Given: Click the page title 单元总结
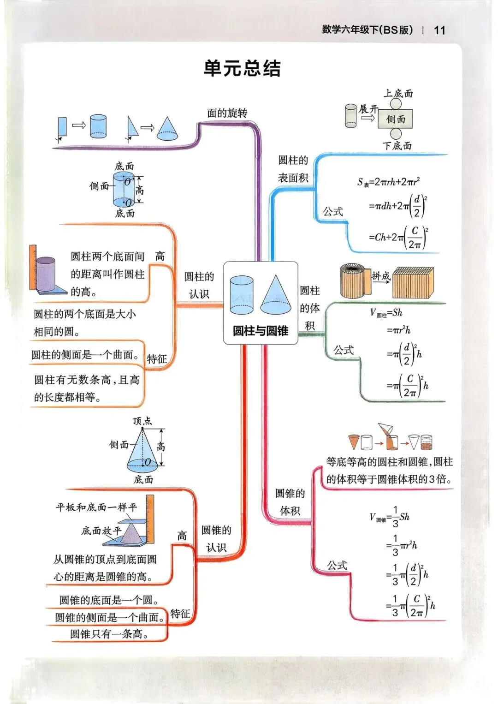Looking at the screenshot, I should coord(242,69).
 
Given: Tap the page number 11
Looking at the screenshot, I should coord(439,30).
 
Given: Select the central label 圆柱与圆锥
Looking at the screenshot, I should coord(261,331).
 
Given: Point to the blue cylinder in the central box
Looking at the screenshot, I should coord(242,295).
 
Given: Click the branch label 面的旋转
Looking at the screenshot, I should coord(227,113).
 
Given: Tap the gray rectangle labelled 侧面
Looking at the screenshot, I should coord(395,119).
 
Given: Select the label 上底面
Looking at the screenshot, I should coord(398,94).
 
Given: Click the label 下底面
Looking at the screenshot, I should coord(397,146).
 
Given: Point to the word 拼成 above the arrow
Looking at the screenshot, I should coord(381,276).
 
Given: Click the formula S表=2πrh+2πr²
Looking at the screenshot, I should coord(388,182).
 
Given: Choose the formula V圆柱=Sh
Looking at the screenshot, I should coord(386,313).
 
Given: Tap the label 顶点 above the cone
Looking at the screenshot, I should coord(142,421).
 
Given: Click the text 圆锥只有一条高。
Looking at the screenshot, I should coord(110,634).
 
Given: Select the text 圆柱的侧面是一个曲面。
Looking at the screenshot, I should coord(85,355).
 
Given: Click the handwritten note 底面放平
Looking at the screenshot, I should coord(101,531).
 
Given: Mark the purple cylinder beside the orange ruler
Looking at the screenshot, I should coord(46,274).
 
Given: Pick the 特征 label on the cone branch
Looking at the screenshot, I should coord(180,614).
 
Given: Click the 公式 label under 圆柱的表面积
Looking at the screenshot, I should coord(333,212).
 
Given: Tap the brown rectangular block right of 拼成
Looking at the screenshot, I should coord(413,283).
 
